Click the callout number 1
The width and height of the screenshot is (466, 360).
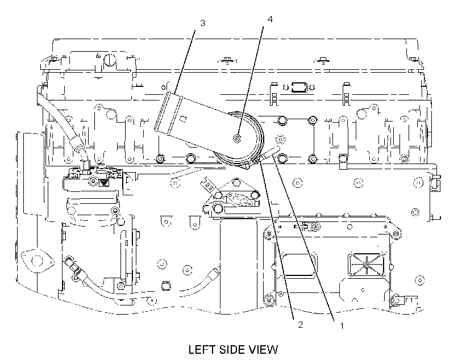(x=342, y=326)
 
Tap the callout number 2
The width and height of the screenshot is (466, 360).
(x=301, y=325)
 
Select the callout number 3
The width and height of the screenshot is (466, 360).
(x=203, y=23)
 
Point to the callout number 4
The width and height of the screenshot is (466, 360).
(x=270, y=19)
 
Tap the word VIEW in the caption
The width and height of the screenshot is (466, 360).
(x=264, y=349)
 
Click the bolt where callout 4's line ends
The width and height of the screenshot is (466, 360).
(x=237, y=138)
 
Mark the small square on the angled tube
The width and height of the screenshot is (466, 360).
(x=184, y=119)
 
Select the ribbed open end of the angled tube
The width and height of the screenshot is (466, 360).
(x=168, y=113)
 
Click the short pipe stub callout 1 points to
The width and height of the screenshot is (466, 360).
(x=270, y=152)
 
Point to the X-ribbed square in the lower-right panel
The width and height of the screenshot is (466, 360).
(x=366, y=264)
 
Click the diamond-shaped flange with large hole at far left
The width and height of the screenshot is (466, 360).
(x=38, y=261)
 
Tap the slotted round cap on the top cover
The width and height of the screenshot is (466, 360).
(x=110, y=60)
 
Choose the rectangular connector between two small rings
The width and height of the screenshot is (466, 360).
(x=298, y=87)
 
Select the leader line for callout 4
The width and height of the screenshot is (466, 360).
(x=250, y=81)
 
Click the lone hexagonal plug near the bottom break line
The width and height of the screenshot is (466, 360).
(x=165, y=286)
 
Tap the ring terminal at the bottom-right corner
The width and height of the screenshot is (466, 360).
(x=396, y=300)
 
